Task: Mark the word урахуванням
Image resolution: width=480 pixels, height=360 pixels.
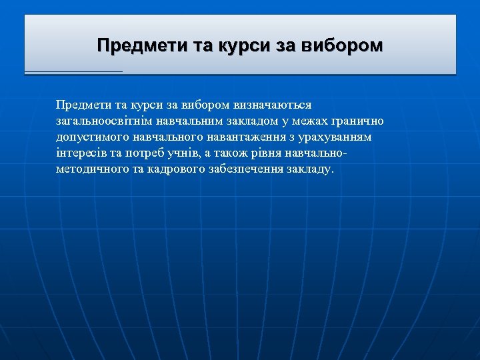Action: tap(335, 137)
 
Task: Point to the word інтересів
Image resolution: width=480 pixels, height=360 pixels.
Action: tap(81, 153)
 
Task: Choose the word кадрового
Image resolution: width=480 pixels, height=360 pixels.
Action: tap(169, 169)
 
